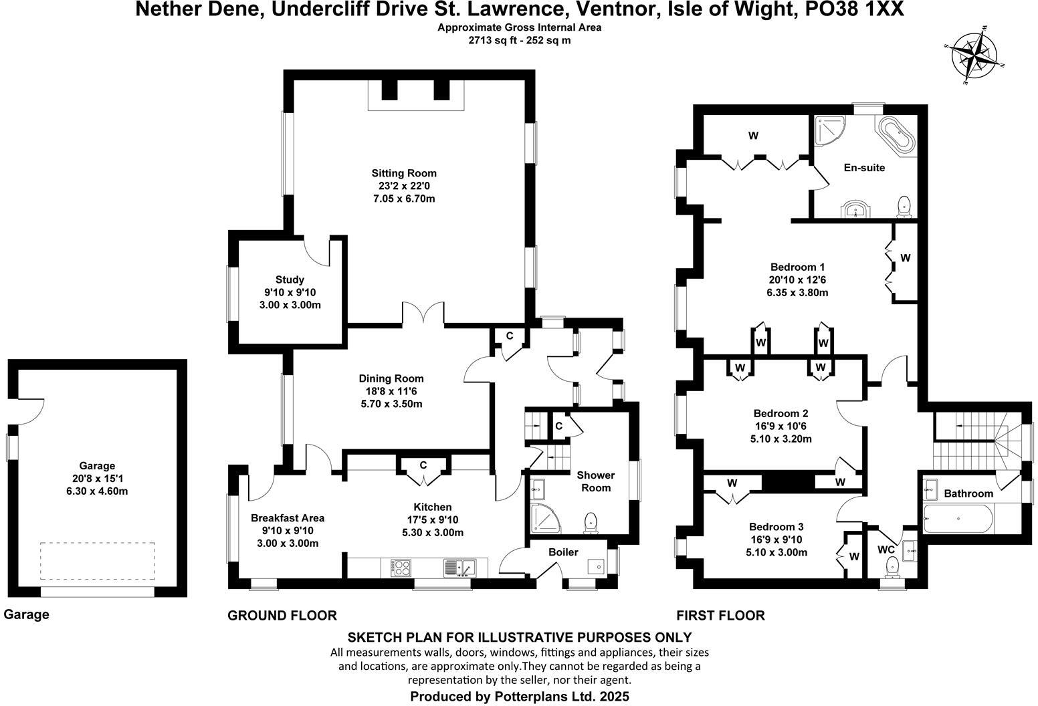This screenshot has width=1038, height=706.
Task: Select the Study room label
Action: (290, 279)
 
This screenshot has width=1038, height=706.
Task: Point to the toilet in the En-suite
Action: (904, 207)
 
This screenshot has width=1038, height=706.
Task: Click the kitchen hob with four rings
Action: (400, 568)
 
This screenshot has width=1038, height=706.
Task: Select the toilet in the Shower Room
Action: (591, 523)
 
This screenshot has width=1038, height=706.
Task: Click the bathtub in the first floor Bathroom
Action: (958, 518)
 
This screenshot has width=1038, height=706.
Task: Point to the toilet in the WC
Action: (891, 567)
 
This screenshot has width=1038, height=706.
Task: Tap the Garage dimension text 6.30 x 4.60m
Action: (97, 491)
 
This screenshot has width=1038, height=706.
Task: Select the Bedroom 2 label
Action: (781, 413)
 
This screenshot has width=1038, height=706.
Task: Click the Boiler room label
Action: (563, 552)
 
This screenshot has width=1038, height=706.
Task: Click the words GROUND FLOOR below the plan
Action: (282, 615)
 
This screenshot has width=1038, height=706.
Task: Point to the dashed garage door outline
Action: (98, 561)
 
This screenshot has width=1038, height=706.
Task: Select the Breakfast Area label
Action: (288, 517)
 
